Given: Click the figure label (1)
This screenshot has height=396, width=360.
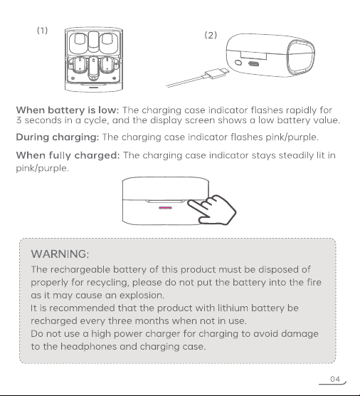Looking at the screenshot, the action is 43,31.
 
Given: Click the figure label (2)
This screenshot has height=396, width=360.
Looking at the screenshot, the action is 211,35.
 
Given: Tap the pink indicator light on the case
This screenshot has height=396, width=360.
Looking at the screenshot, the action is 165,208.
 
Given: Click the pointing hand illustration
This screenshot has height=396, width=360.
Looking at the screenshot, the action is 211,209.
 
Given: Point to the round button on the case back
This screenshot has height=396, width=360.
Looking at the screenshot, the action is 238,63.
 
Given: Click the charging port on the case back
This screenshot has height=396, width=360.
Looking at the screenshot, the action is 253,64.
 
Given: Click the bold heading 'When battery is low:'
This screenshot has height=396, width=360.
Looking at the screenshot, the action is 68,110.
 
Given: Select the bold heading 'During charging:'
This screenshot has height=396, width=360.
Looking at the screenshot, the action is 58,137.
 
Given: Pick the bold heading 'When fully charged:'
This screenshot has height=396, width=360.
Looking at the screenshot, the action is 68,155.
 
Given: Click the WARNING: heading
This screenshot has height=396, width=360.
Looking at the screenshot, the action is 60,254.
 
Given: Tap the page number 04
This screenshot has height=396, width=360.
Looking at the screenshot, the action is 335,379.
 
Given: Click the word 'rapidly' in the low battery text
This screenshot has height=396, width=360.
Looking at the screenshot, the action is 301,110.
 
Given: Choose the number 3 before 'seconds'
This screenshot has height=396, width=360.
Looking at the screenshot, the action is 18,120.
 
